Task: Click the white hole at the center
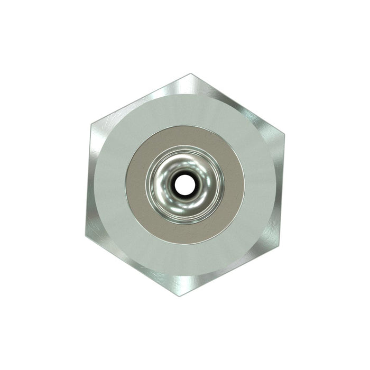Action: (x=184, y=184)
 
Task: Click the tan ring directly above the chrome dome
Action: (x=185, y=136)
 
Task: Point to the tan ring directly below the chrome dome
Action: (x=185, y=234)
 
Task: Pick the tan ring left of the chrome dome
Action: (x=136, y=185)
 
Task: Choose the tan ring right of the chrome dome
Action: (x=234, y=185)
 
